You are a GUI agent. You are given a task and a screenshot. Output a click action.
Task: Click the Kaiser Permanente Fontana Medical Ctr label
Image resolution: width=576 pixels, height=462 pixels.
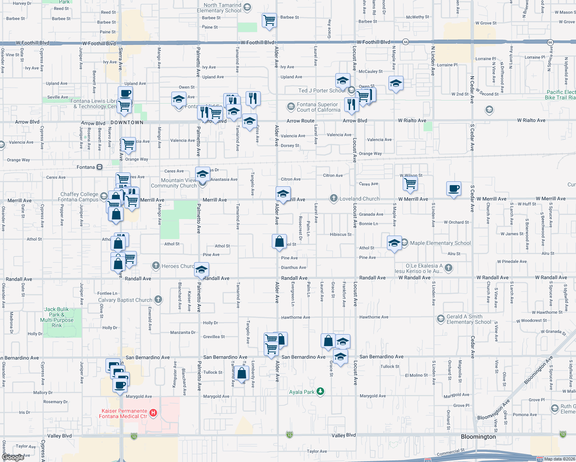pyautogui.click(x=124, y=413)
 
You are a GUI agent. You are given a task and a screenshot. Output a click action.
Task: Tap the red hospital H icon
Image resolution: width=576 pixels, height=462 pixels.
pyautogui.click(x=153, y=413)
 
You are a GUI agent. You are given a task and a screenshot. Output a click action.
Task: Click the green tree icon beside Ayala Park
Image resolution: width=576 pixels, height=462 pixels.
pyautogui.click(x=320, y=392)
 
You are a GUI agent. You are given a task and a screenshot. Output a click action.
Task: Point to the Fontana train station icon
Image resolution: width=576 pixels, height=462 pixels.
pyautogui.click(x=99, y=167)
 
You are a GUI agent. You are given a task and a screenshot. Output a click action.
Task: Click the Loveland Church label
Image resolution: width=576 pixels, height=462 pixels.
pyautogui.click(x=359, y=199)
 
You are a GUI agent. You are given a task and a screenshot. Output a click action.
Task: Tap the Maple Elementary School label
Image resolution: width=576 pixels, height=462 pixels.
pyautogui.click(x=440, y=243)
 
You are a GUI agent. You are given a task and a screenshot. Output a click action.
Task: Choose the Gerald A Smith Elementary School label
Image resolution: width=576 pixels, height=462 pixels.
pyautogui.click(x=469, y=319)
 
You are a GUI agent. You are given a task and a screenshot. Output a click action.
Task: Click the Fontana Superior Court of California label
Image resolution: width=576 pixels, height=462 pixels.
pyautogui.click(x=318, y=107)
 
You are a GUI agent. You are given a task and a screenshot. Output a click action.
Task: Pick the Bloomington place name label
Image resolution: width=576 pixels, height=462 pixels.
pyautogui.click(x=478, y=437)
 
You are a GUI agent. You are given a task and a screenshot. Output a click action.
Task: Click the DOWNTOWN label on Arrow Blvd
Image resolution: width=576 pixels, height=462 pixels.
pyautogui.click(x=127, y=122)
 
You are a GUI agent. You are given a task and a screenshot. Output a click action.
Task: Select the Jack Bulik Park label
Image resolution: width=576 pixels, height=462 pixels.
pyautogui.click(x=57, y=317)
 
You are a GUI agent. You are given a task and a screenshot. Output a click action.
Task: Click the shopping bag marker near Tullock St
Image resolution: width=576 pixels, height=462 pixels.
pyautogui.click(x=242, y=373)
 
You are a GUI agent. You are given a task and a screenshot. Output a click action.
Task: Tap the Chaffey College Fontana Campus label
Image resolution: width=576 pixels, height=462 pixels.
pyautogui.click(x=79, y=197)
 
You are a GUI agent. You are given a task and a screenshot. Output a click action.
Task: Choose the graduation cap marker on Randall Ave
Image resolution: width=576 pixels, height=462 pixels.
pyautogui.click(x=201, y=270)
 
